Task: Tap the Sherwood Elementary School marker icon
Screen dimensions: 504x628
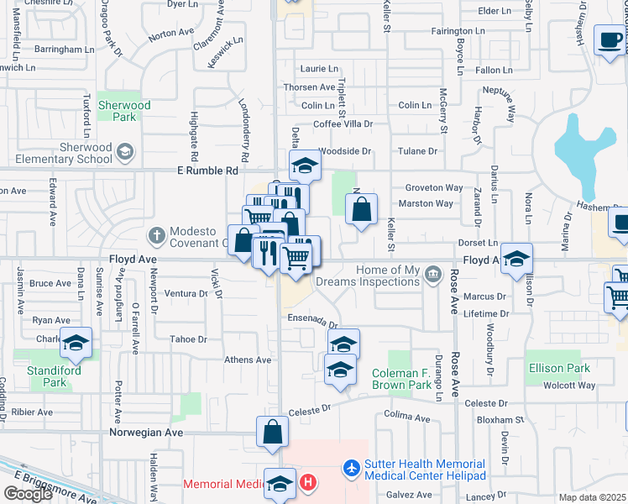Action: [125, 152]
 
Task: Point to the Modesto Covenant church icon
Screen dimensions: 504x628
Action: [155, 233]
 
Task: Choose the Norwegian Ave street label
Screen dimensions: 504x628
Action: [146, 433]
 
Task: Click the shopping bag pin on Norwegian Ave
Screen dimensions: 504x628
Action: [273, 433]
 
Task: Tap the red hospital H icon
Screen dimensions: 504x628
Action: [308, 483]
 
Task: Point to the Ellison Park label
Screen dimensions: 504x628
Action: [559, 368]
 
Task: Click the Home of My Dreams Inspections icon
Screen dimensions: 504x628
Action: [433, 272]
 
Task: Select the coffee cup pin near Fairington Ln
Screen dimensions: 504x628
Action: [610, 39]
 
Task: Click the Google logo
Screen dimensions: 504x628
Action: [28, 494]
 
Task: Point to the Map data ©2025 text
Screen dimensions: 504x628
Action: [592, 497]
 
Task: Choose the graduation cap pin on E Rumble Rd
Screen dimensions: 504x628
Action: [306, 165]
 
